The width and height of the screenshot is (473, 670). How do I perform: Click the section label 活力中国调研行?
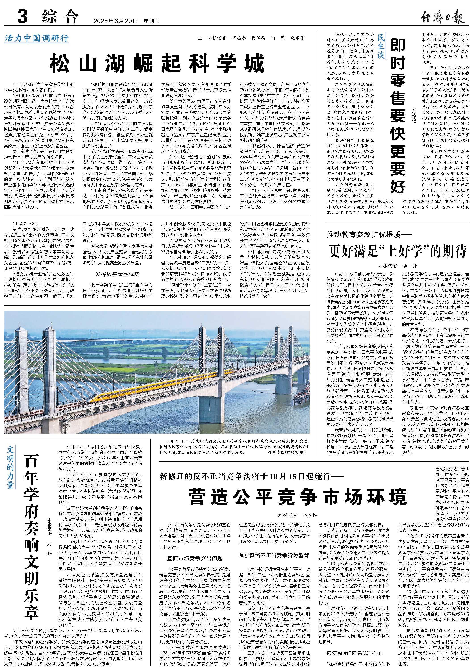37,38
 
